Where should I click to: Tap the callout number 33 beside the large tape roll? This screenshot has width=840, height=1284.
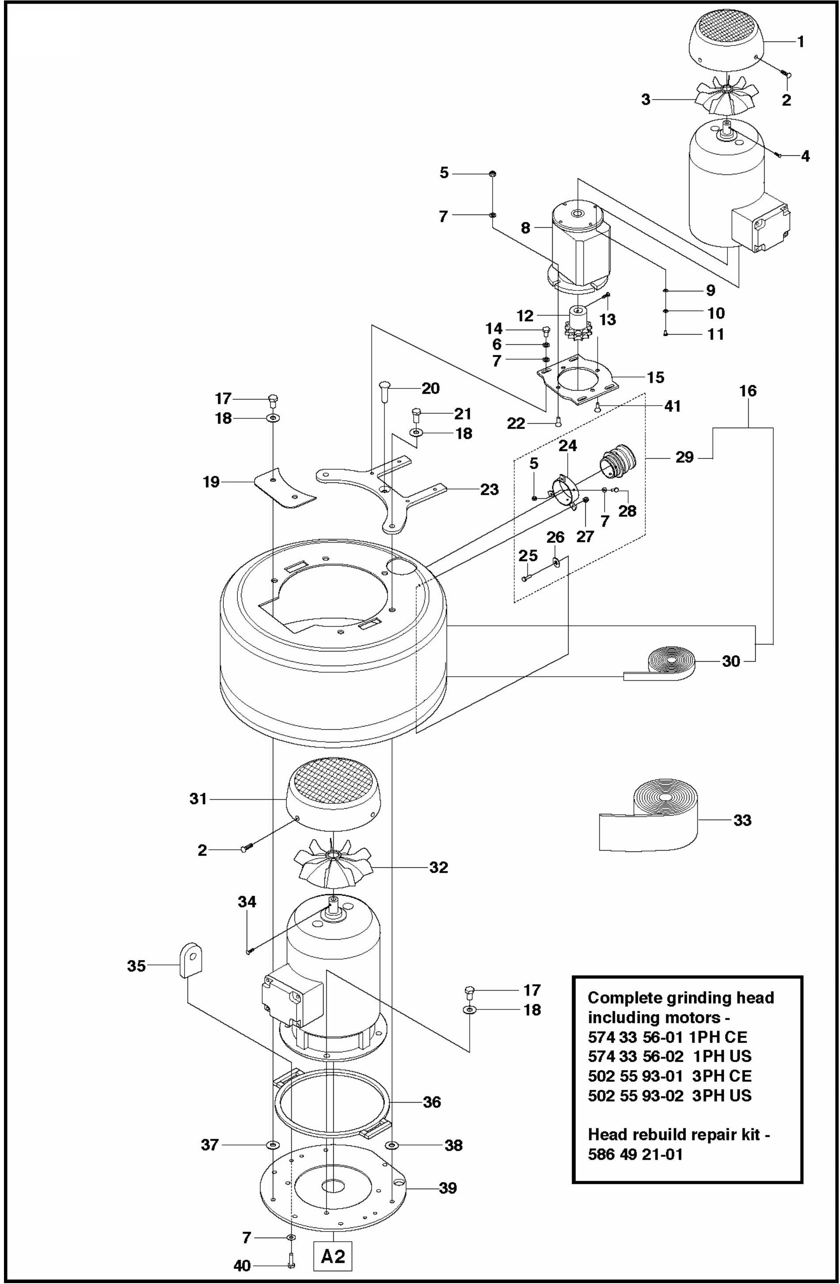pyautogui.click(x=742, y=821)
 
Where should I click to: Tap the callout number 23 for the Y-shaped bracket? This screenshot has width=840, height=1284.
pyautogui.click(x=490, y=490)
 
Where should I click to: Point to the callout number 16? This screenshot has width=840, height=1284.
pyautogui.click(x=748, y=391)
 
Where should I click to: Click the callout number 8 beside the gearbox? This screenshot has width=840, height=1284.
pyautogui.click(x=525, y=228)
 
